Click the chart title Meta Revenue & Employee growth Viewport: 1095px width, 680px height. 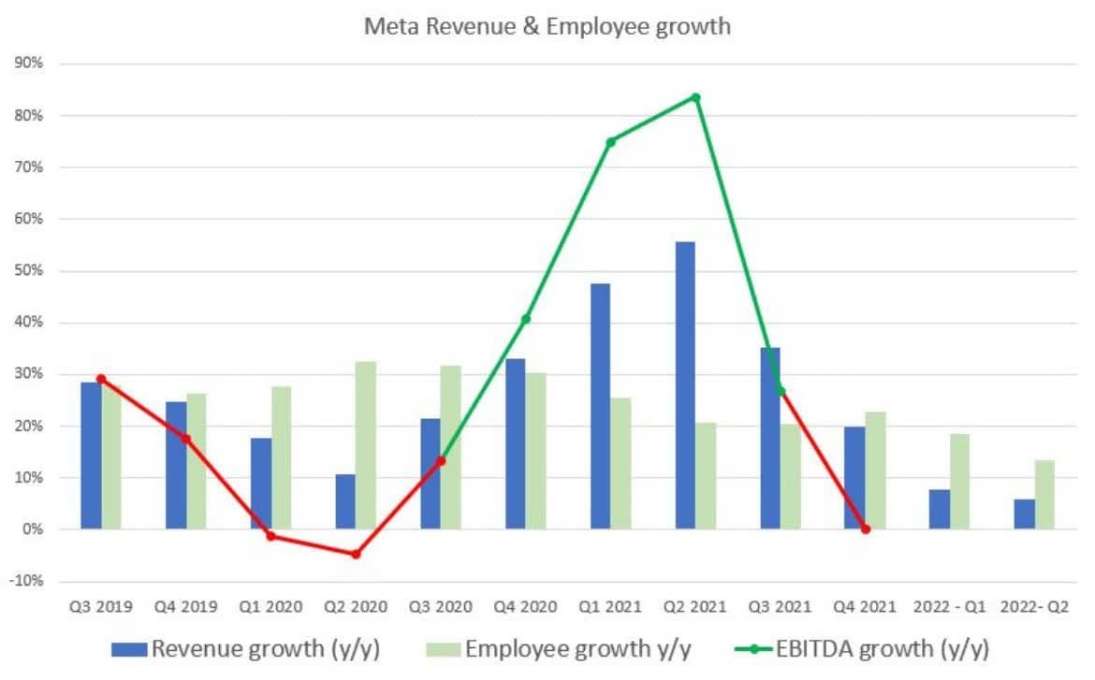[x=547, y=26]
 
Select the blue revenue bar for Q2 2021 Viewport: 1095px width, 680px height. [x=685, y=385]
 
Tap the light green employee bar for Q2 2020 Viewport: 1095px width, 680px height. [x=366, y=445]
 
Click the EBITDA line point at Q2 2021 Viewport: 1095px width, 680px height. [x=695, y=97]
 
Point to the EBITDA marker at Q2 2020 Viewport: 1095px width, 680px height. [x=356, y=554]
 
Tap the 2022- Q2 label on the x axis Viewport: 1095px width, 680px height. [x=1034, y=606]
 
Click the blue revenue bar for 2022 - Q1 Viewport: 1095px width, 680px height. [x=940, y=509]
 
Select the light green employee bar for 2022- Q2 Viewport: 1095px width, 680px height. [x=1044, y=495]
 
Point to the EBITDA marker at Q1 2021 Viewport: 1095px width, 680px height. [x=610, y=142]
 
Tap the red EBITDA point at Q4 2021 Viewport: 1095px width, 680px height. [x=865, y=529]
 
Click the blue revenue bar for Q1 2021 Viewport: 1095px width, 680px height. [x=600, y=406]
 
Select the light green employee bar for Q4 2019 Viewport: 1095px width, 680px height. [x=197, y=461]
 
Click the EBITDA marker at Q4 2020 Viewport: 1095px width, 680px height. [x=526, y=319]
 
